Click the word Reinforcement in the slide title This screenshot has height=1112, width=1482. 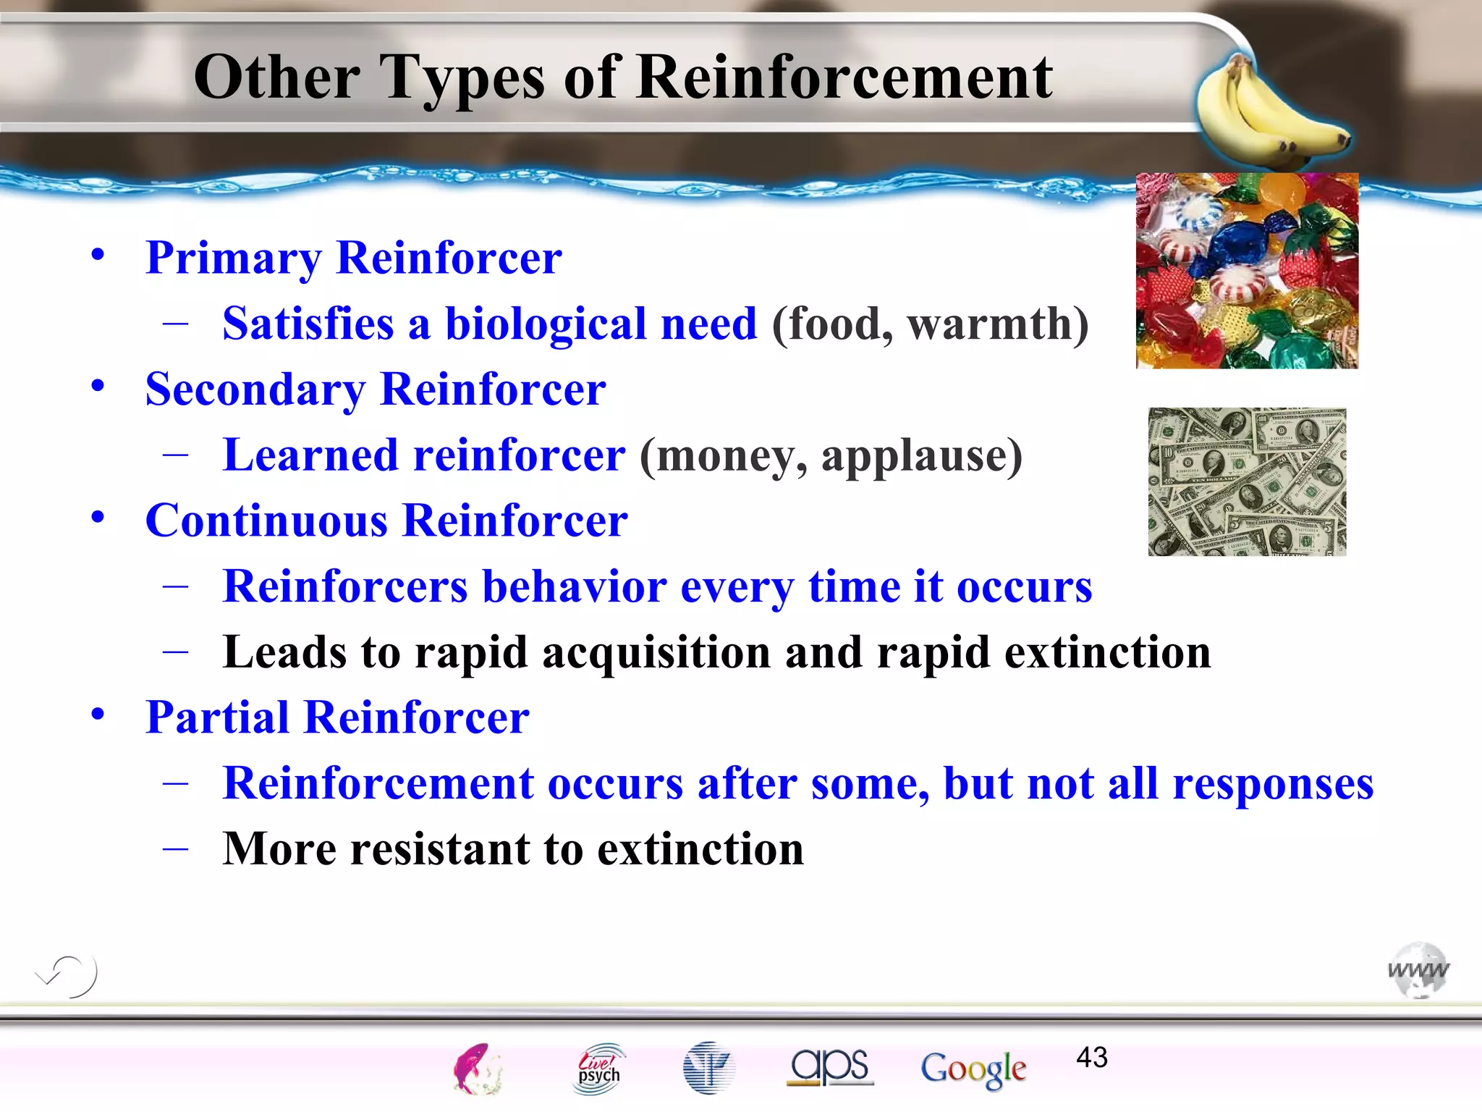click(844, 77)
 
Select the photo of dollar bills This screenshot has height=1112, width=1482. click(1247, 481)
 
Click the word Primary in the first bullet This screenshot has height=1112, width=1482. click(234, 258)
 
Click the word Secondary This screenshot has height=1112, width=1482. click(255, 389)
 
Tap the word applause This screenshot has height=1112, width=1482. click(921, 455)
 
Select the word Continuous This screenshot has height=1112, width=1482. click(266, 521)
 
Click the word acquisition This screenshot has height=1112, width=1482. click(656, 652)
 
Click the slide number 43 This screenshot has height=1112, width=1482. click(1091, 1058)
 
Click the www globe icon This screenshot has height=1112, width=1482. click(1418, 970)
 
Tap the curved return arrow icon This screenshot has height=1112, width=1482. click(67, 975)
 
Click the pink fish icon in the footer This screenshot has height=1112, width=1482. click(476, 1069)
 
